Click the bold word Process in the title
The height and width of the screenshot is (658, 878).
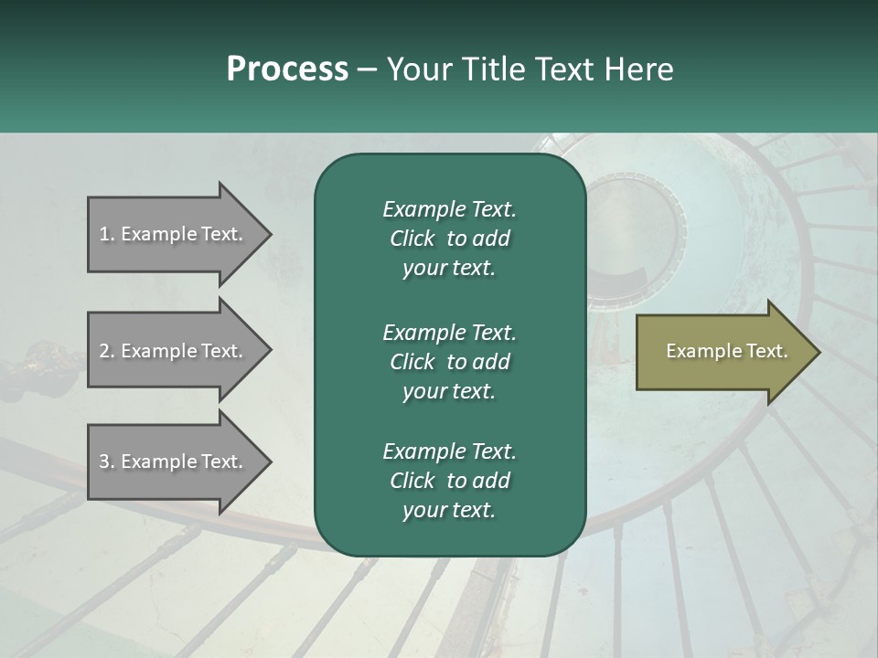(287, 69)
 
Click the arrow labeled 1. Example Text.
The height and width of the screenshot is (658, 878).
(174, 235)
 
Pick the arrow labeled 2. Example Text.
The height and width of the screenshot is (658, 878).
(174, 351)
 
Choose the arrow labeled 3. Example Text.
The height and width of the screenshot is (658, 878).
(174, 462)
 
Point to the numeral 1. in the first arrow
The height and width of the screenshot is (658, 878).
(106, 234)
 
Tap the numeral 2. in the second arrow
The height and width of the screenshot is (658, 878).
(106, 351)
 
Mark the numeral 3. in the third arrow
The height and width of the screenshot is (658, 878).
(106, 462)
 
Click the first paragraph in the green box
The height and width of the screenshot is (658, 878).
(449, 239)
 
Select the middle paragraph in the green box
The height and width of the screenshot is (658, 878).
(449, 362)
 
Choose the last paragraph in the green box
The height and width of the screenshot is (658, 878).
(449, 481)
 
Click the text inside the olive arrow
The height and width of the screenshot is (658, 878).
(727, 351)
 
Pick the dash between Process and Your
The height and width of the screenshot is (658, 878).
(368, 69)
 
